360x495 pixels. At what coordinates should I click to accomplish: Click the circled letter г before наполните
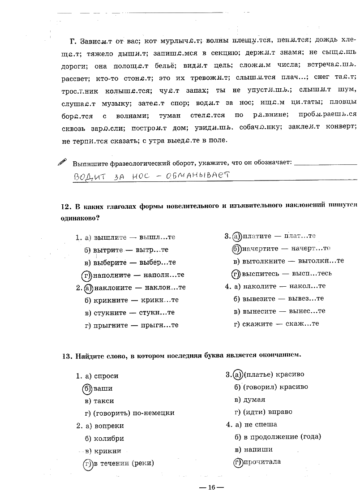[87, 275]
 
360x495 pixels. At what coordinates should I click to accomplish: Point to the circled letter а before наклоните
[88, 288]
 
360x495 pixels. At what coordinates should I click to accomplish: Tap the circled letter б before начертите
[236, 249]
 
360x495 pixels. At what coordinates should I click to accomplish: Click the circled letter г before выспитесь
[236, 274]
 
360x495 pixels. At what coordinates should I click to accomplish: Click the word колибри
[109, 439]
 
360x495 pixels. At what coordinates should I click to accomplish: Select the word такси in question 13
[104, 401]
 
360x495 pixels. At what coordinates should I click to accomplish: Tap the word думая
[254, 400]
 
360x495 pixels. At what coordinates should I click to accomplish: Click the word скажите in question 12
[256, 323]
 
